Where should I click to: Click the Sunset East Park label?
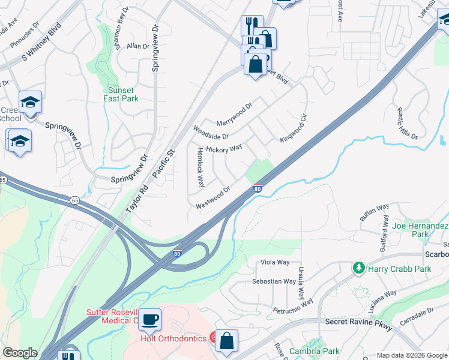pos(121,94)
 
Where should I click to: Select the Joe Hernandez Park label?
pos(420,230)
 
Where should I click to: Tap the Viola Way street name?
pos(274,262)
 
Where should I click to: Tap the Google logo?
pos(20,353)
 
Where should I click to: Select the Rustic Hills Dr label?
pos(406,124)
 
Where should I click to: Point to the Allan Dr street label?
pos(137,46)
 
